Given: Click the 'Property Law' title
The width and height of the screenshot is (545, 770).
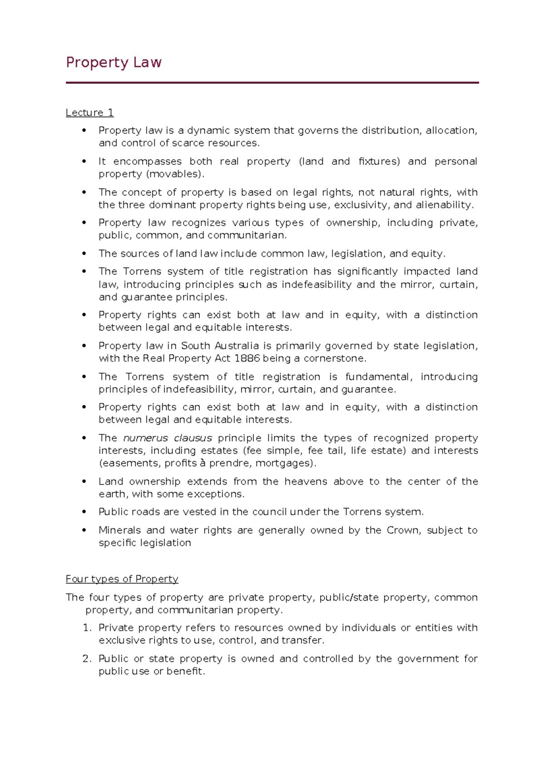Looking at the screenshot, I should point(114,62).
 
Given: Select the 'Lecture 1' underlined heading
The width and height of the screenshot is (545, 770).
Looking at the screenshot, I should point(89,113).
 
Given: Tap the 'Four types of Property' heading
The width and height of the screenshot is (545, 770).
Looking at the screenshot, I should point(122,579).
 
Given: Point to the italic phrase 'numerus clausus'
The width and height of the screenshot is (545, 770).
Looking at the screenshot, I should point(168,438).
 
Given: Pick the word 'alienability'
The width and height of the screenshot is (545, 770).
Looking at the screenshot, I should point(444,205).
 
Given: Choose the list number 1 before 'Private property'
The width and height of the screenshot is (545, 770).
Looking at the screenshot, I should point(87,628).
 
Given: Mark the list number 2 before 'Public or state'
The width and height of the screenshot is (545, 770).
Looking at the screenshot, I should point(87,659).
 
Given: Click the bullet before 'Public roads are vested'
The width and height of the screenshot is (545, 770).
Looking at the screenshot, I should point(84,512).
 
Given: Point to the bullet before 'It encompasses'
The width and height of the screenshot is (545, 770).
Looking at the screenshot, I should point(84,162).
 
